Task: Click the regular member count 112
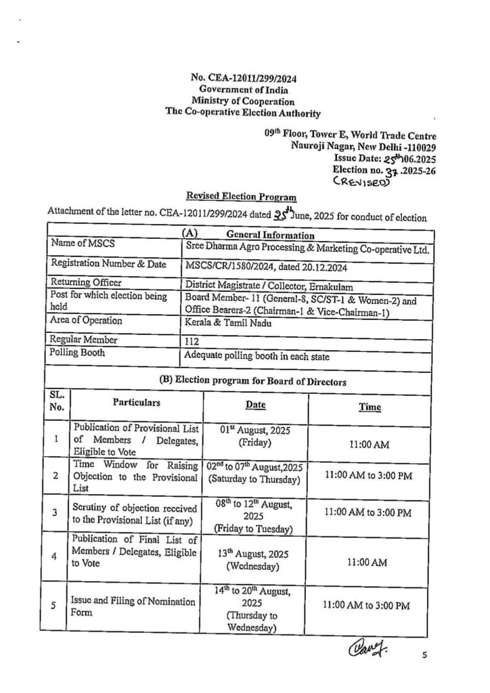click(x=193, y=342)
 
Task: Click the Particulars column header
click(x=137, y=403)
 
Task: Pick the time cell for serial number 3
click(x=368, y=512)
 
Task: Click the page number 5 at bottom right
click(x=425, y=656)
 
